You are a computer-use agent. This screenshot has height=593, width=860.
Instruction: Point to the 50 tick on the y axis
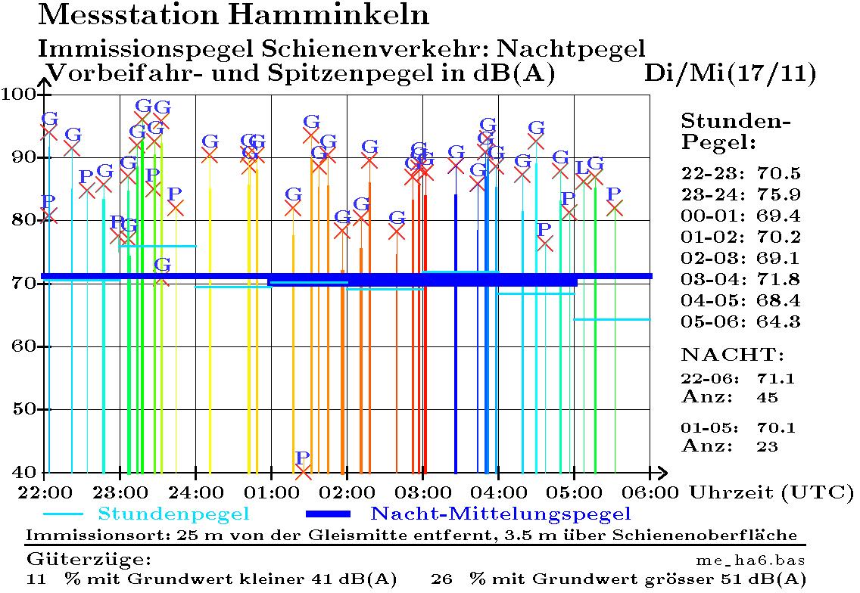coord(23,409)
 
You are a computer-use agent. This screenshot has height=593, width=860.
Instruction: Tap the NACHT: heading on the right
coord(733,354)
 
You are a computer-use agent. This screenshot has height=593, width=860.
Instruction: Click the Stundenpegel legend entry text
coord(173,515)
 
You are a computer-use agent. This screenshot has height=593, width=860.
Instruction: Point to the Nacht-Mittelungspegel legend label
coord(500,515)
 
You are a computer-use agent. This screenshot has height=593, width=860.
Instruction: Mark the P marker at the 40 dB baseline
coord(303,458)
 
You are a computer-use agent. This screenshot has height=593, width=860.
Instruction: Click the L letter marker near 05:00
coord(581,167)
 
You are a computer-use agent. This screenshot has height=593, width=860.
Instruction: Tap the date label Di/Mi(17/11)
coord(730,73)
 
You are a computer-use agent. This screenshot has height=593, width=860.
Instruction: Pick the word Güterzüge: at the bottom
coord(89,560)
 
